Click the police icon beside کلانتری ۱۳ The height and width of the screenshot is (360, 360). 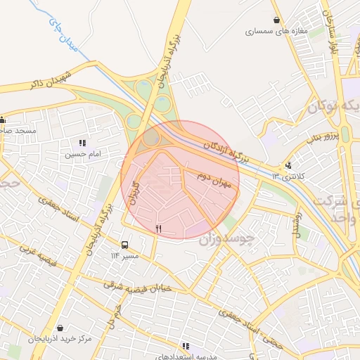[288, 165]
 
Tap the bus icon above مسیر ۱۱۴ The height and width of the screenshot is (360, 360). [124, 245]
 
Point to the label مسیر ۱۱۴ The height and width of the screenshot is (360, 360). [124, 255]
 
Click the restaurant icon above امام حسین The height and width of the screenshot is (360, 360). [83, 143]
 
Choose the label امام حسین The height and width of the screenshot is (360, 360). [83, 153]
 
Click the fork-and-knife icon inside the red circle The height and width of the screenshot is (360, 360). [158, 229]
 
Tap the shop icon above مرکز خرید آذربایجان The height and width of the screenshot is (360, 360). [60, 328]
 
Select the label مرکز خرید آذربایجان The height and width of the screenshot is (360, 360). [60, 339]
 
